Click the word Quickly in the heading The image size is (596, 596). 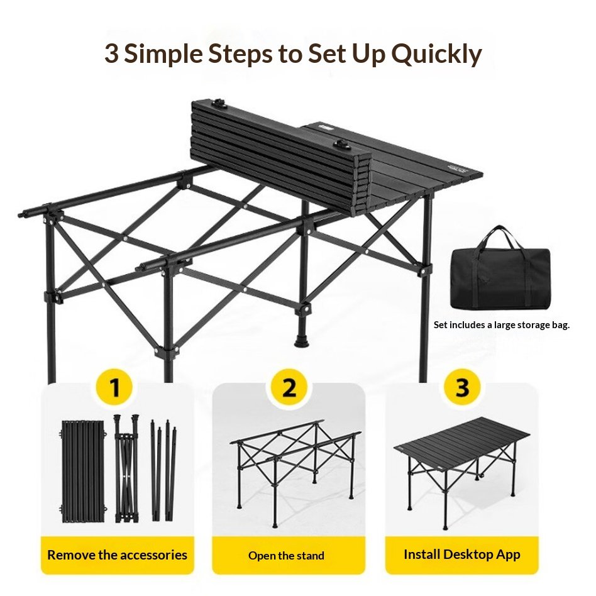click(436, 54)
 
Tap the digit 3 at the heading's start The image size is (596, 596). click(111, 53)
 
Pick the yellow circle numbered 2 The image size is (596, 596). click(289, 387)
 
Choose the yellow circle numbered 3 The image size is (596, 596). click(462, 387)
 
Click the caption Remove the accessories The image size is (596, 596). click(117, 555)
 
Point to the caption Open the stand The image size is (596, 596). click(286, 556)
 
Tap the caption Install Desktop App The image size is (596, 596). click(462, 555)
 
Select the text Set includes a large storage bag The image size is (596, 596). click(502, 325)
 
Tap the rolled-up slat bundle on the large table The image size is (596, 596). click(280, 156)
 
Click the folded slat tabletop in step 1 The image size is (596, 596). click(82, 471)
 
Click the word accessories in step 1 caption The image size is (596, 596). click(156, 555)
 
